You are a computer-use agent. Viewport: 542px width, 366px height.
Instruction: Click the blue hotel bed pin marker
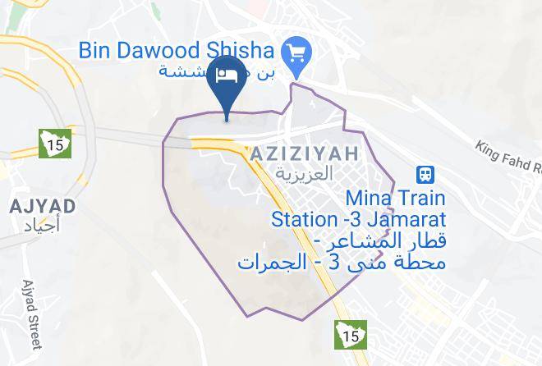227,79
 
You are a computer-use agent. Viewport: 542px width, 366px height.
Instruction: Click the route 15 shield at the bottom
350,334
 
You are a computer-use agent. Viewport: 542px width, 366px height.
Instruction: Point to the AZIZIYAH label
304,153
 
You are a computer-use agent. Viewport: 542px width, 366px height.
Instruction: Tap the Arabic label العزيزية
304,174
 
